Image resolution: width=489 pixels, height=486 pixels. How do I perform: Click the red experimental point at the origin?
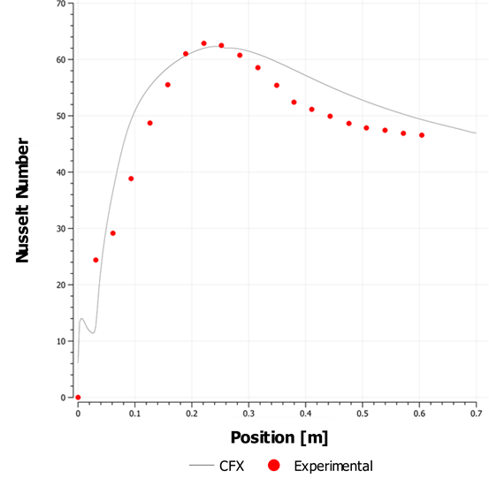pyautogui.click(x=78, y=398)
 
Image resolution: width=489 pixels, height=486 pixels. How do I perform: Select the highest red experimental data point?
pyautogui.click(x=203, y=43)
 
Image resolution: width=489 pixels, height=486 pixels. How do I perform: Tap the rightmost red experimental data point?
pyautogui.click(x=422, y=135)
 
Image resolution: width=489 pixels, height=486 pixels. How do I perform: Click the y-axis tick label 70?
pyautogui.click(x=60, y=4)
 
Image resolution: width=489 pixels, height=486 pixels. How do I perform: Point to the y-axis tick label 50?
pyautogui.click(x=60, y=116)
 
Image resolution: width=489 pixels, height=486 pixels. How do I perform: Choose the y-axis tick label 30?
pyautogui.click(x=60, y=229)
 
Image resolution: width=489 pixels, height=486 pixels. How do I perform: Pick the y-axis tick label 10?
pyautogui.click(x=60, y=341)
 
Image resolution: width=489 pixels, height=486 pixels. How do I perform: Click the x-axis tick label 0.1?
pyautogui.click(x=134, y=414)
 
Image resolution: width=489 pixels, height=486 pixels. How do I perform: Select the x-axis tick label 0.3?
pyautogui.click(x=248, y=414)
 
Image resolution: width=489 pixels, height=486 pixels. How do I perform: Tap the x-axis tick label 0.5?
pyautogui.click(x=362, y=414)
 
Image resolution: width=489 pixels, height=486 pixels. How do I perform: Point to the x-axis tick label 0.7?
pyautogui.click(x=476, y=414)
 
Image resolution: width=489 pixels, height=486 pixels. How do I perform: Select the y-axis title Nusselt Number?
pyautogui.click(x=24, y=201)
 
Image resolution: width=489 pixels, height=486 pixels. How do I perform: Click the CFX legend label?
pyautogui.click(x=231, y=466)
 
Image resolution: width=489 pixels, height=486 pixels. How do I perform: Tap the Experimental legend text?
pyautogui.click(x=332, y=466)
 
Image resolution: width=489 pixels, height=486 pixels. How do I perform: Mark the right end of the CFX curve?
pyautogui.click(x=476, y=133)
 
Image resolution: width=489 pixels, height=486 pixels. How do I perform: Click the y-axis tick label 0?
pyautogui.click(x=64, y=398)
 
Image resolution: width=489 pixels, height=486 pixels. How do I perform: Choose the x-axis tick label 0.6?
pyautogui.click(x=419, y=414)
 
